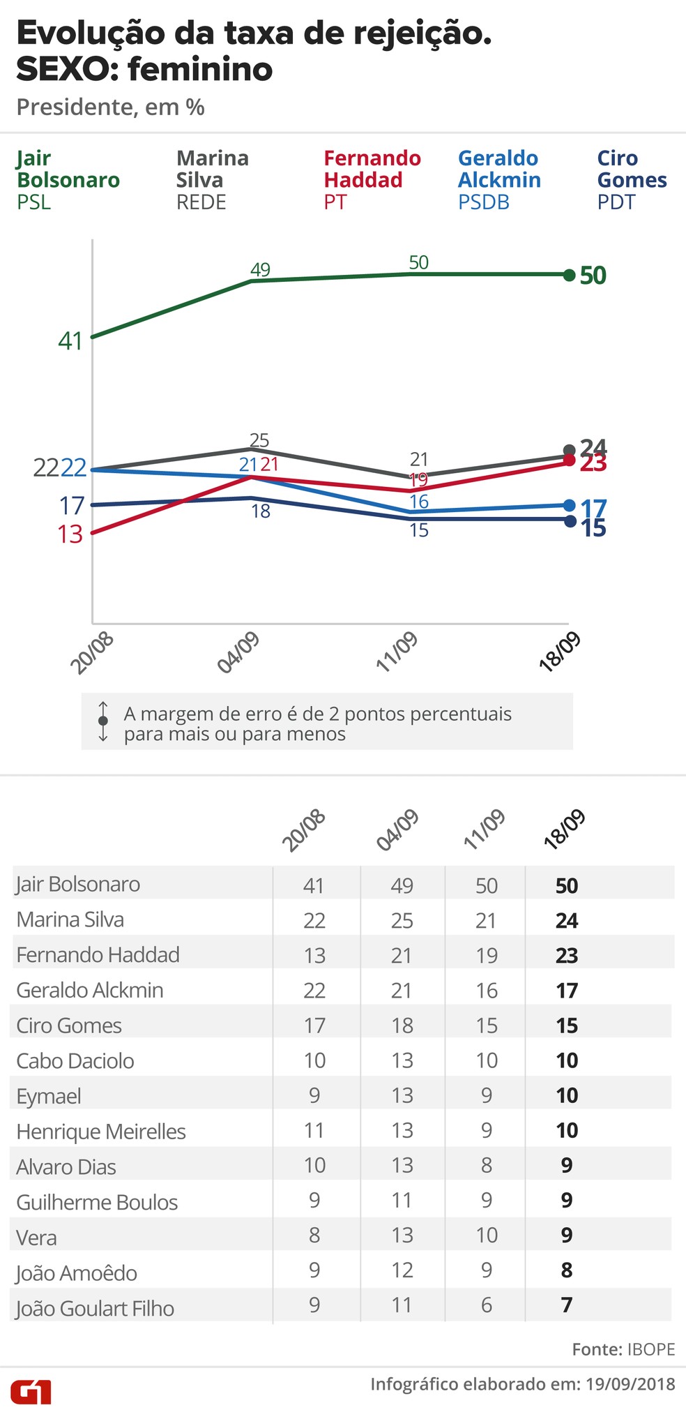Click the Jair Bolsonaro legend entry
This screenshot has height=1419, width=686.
pyautogui.click(x=68, y=180)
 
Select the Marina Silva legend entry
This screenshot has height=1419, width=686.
pyautogui.click(x=212, y=180)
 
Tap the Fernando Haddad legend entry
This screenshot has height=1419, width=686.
pyautogui.click(x=372, y=180)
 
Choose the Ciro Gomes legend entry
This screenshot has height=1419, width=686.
pyautogui.click(x=632, y=180)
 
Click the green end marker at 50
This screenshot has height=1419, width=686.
pyautogui.click(x=569, y=275)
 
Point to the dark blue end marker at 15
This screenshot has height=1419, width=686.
pyautogui.click(x=570, y=520)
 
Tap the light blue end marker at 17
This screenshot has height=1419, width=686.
pyautogui.click(x=569, y=506)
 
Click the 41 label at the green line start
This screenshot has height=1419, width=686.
pyautogui.click(x=70, y=341)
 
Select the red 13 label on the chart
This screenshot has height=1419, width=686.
pyautogui.click(x=70, y=534)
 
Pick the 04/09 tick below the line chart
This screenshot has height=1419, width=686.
pyautogui.click(x=239, y=653)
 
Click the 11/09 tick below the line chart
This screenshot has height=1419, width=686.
pyautogui.click(x=397, y=653)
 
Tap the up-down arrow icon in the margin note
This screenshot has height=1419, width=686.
pyautogui.click(x=103, y=721)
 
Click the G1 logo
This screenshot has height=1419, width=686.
pyautogui.click(x=31, y=1392)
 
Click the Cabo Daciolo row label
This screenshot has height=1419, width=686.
pyautogui.click(x=75, y=1061)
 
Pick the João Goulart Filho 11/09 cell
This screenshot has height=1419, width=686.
pyautogui.click(x=486, y=1305)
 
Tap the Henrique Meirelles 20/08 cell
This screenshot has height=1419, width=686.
pyautogui.click(x=314, y=1130)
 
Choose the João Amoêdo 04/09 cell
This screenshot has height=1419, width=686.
pyautogui.click(x=402, y=1270)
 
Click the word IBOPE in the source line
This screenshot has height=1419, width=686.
pyautogui.click(x=651, y=1349)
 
